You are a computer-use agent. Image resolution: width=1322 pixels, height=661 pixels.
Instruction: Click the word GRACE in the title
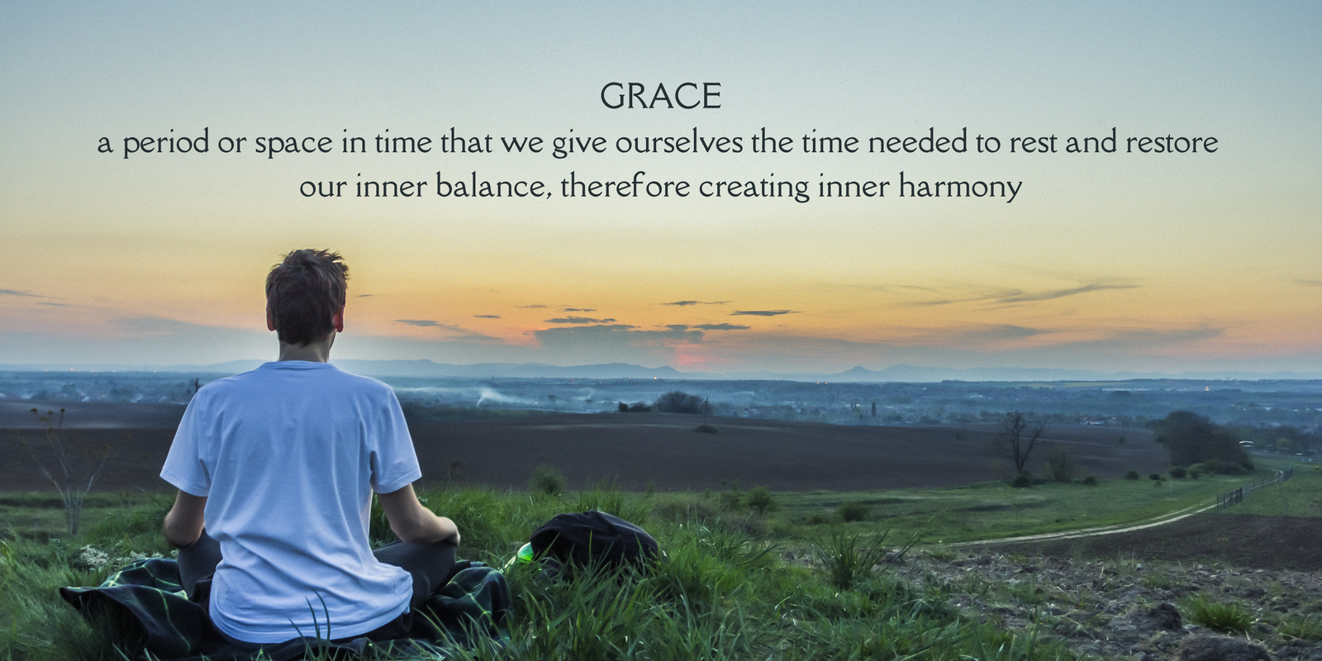click(660, 96)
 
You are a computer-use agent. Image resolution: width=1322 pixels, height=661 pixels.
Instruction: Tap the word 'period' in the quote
click(166, 144)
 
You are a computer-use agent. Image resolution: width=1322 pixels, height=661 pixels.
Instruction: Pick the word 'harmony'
click(960, 188)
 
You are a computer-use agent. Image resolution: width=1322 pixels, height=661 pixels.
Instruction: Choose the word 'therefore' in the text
click(625, 186)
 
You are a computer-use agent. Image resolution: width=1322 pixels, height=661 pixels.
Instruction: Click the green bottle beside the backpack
click(525, 553)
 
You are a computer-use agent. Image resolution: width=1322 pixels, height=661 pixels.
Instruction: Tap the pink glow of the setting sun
click(691, 356)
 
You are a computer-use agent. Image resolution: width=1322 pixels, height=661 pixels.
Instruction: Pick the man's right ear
click(340, 319)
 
